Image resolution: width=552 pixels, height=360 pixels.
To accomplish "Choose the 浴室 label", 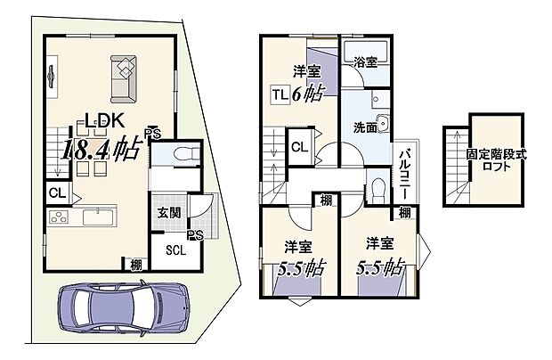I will click(x=365, y=63).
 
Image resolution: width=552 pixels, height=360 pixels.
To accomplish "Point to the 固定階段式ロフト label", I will click(x=496, y=160).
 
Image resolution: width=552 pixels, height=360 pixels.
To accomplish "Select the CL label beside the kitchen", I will click(x=56, y=192).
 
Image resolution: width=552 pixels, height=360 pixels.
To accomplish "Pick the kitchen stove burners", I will click(x=56, y=217).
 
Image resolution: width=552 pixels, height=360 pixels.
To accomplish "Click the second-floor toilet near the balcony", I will click(x=377, y=188).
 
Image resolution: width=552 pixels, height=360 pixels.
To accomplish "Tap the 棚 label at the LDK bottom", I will click(x=134, y=264).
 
